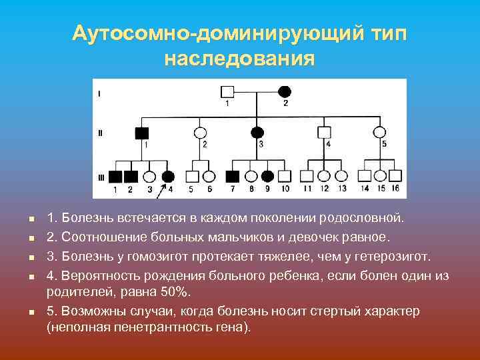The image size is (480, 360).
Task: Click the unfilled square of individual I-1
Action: point(228,91)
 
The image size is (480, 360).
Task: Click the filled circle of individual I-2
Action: point(285,91)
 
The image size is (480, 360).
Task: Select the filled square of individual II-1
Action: point(142,132)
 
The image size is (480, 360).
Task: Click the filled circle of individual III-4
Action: point(168,177)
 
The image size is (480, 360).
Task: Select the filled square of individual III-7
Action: point(233,177)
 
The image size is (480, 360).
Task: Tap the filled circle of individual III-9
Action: point(267,177)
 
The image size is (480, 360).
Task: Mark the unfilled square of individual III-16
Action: point(396,177)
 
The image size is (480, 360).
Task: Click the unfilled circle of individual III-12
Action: point(325,177)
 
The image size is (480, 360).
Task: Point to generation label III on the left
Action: point(101,177)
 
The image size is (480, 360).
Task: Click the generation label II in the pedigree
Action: point(100,133)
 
